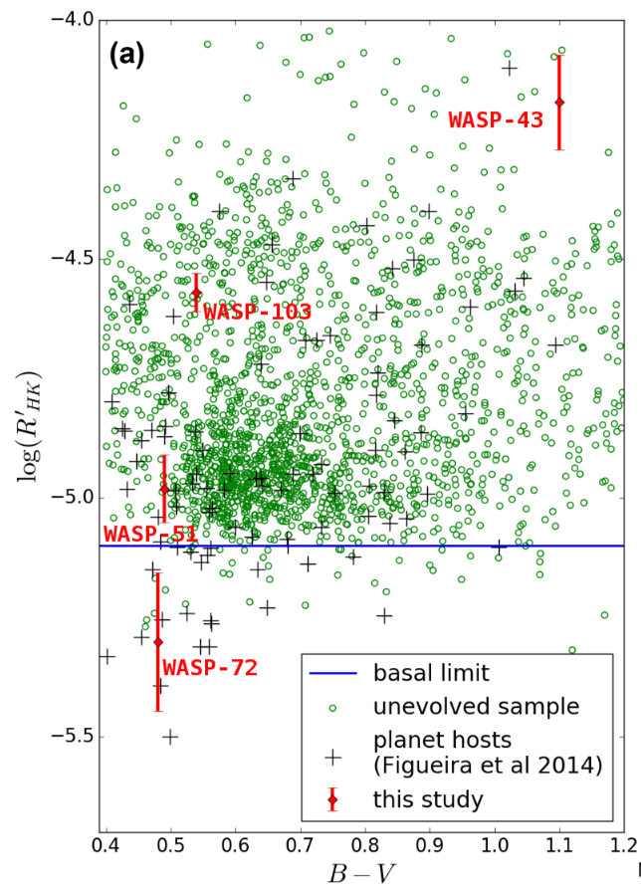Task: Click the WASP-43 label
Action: click(x=495, y=119)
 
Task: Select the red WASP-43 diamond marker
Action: click(x=559, y=102)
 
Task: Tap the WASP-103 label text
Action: click(x=258, y=312)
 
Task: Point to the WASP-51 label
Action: click(x=150, y=534)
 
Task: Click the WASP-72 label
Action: click(x=209, y=666)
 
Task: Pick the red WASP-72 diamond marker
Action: click(x=158, y=642)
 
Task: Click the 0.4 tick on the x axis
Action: click(x=106, y=844)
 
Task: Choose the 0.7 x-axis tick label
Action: click(x=300, y=844)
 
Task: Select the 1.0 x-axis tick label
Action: click(x=495, y=844)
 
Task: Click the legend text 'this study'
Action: click(x=429, y=798)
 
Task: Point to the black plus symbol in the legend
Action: click(x=333, y=755)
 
